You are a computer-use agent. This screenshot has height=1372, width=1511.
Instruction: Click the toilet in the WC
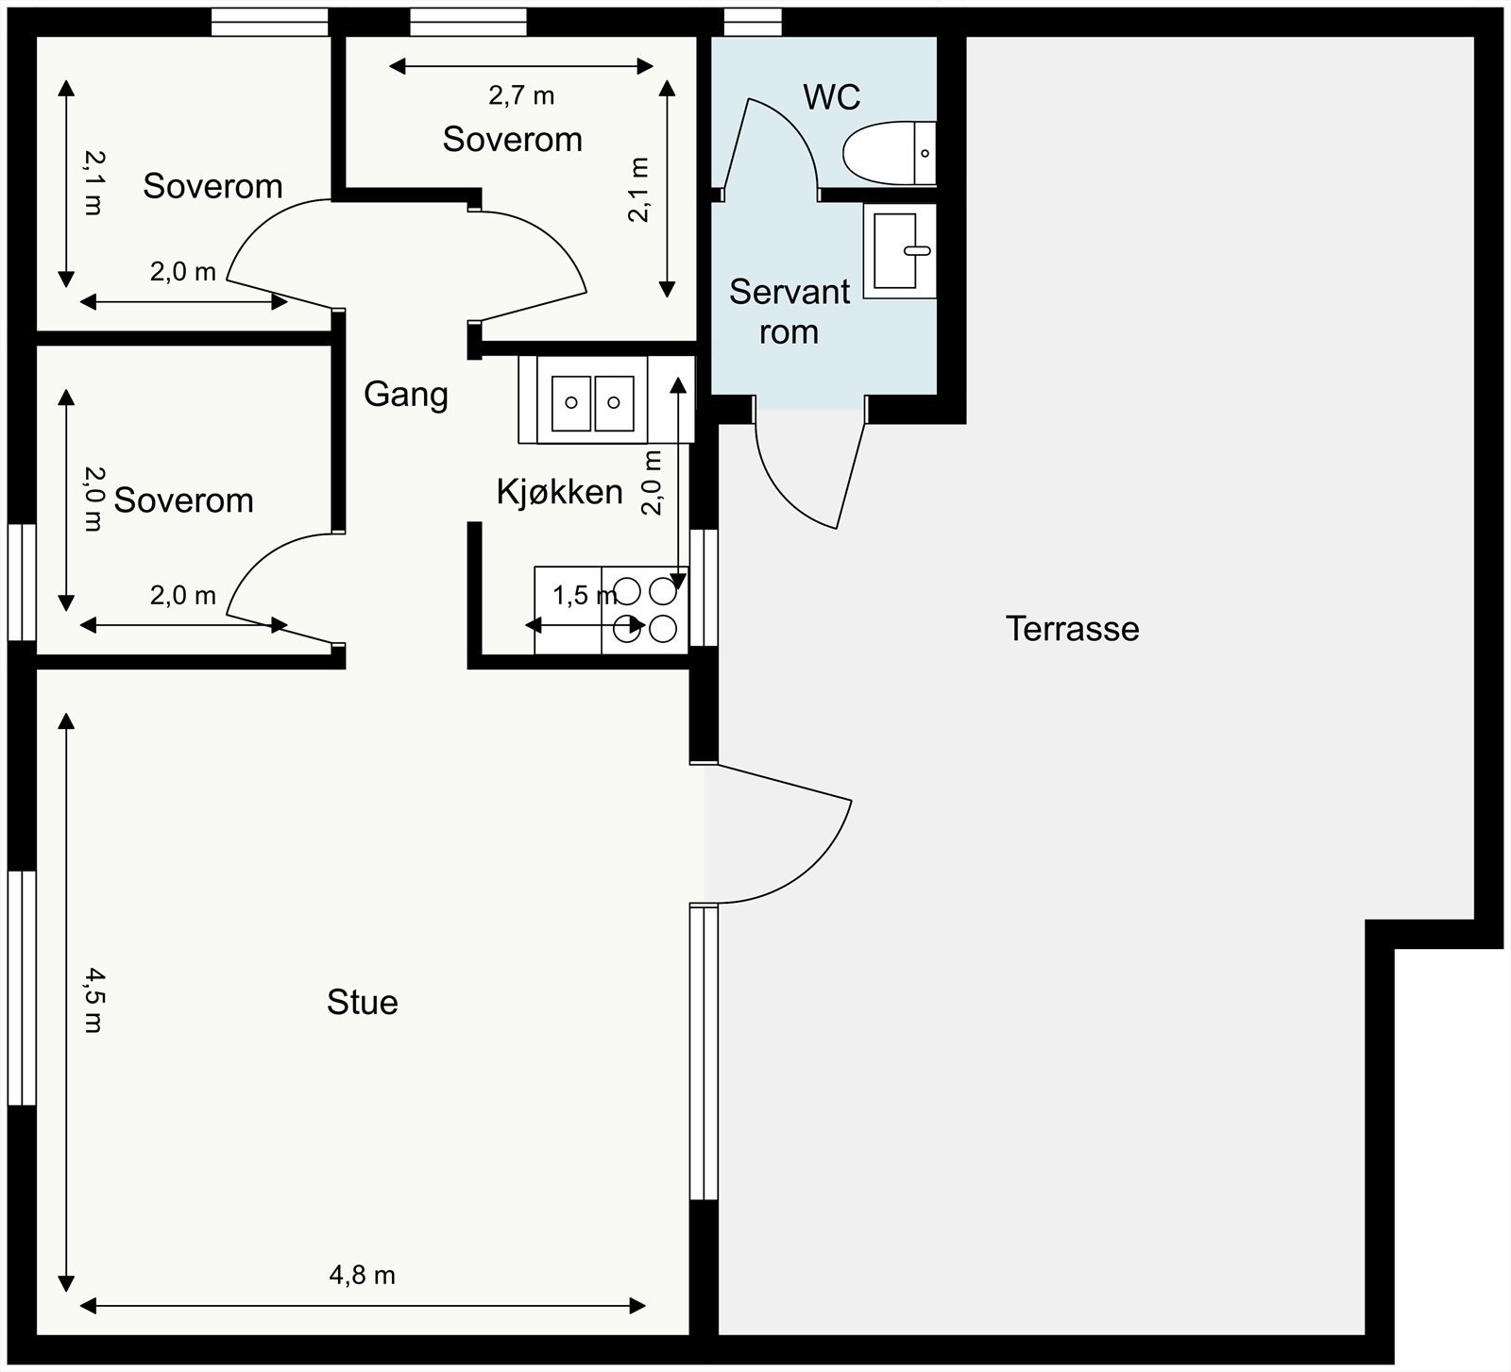889,153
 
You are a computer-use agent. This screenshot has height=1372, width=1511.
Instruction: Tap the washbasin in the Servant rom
900,250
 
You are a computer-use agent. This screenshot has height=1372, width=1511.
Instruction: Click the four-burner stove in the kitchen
645,610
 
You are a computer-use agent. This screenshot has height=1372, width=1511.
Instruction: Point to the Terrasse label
1072,629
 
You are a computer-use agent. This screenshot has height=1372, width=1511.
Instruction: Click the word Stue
363,1002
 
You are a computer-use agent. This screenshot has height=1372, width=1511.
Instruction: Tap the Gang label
406,395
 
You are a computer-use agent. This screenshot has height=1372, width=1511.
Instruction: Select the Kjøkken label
560,492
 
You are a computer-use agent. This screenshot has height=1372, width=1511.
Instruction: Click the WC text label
832,96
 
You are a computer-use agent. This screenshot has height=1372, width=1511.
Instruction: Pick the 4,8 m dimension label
362,1276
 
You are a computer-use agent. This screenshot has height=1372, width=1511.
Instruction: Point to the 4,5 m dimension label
93,999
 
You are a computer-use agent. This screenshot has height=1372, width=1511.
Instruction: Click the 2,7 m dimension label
521,95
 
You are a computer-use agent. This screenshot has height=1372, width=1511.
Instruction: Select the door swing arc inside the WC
798,132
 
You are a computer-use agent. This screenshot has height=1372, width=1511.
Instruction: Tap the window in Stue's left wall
22,988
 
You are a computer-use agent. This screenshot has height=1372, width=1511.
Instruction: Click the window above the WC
753,22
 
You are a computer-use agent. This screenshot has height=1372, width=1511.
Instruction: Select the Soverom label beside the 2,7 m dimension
513,140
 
